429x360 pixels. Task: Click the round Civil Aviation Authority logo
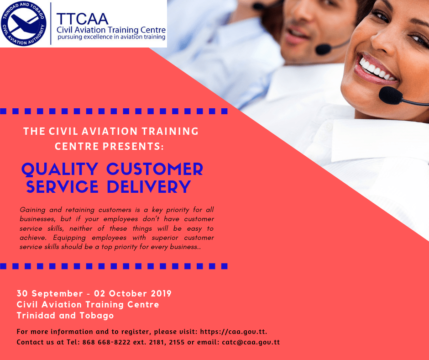tap(24, 24)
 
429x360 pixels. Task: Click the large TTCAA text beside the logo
tap(82, 18)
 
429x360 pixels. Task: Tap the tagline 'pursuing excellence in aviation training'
tap(110, 37)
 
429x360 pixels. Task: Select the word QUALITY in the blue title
tap(60, 169)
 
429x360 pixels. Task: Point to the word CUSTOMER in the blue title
tap(155, 169)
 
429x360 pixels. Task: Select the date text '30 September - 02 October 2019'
tap(94, 293)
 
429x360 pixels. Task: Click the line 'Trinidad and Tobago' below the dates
tap(65, 316)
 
